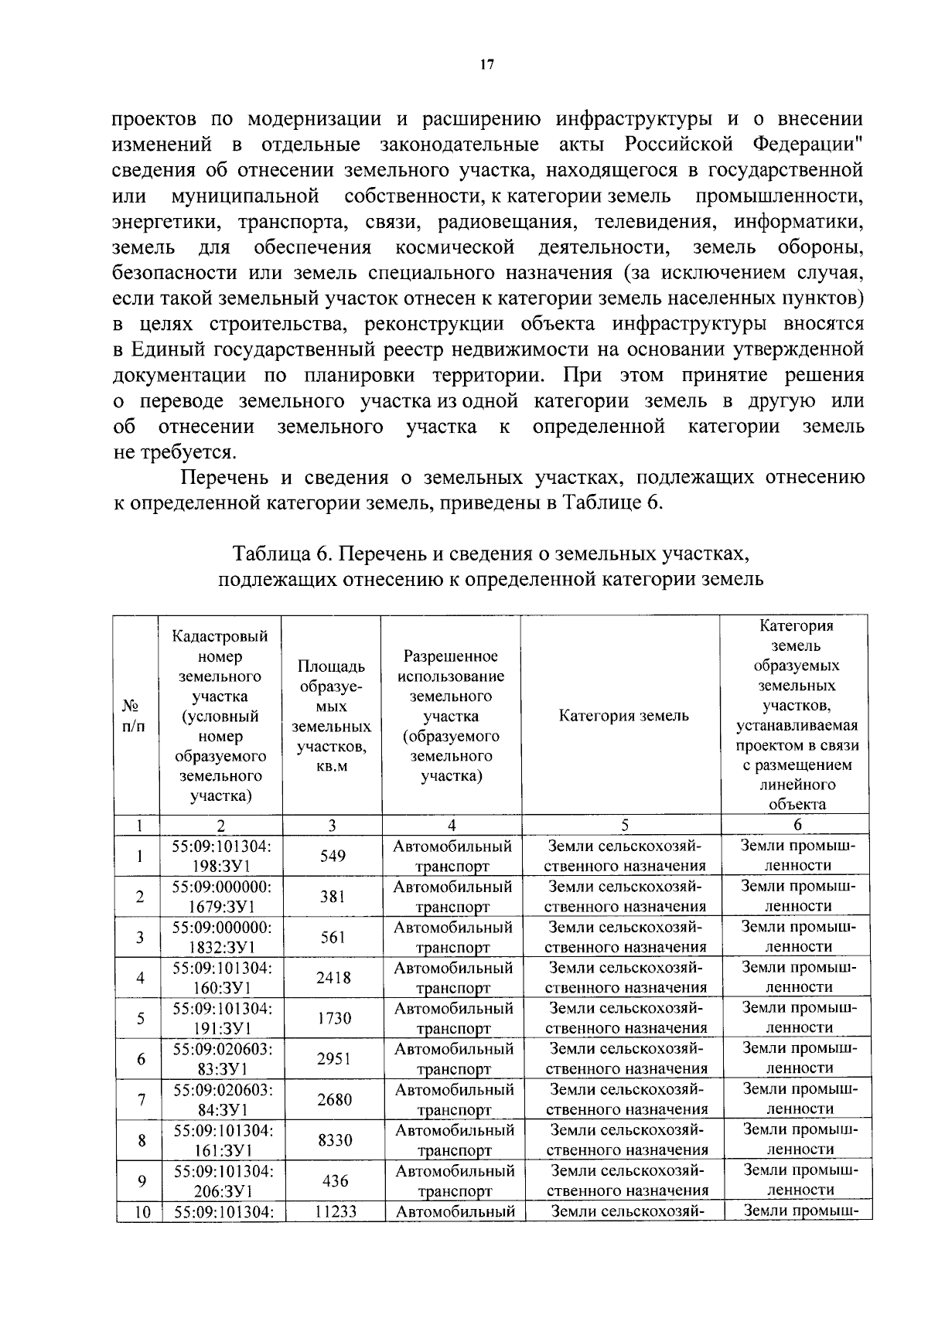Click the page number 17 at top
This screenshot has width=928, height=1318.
[x=486, y=65]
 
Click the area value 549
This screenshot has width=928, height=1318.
[x=333, y=856]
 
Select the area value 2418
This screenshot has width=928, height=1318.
[x=333, y=978]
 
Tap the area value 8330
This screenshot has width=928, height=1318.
[x=335, y=1140]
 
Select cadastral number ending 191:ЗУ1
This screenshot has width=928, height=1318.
[x=222, y=1018]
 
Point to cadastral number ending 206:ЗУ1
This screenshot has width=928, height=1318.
[x=223, y=1181]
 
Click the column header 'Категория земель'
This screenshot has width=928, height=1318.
[x=623, y=716]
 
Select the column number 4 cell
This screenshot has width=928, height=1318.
[x=452, y=825]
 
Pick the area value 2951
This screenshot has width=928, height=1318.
[x=334, y=1059]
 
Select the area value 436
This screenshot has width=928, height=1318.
[x=335, y=1181]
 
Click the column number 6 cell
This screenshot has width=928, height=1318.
[x=797, y=825]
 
